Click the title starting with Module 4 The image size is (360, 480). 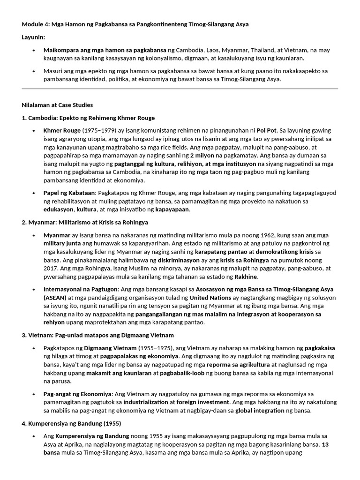coord(135,24)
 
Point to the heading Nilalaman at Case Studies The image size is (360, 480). coord(57,105)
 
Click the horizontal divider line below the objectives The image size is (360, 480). coord(180,89)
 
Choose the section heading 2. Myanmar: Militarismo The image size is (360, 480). coord(85,222)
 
